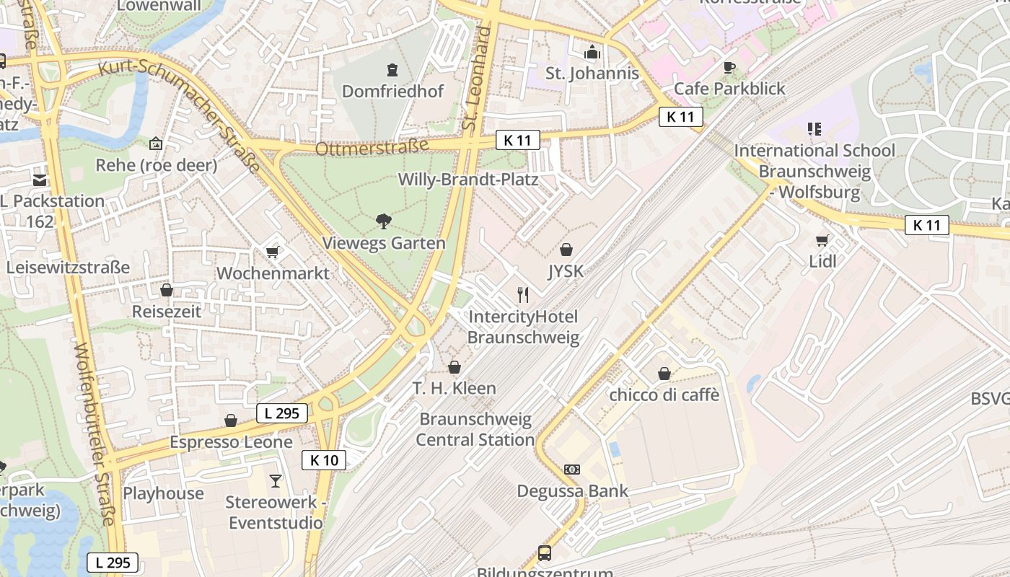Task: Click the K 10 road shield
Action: coord(324,460)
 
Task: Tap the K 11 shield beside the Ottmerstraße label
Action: coord(517,140)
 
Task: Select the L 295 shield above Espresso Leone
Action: coord(282,413)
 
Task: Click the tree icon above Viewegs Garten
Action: coord(384,221)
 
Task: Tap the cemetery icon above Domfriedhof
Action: coord(392,70)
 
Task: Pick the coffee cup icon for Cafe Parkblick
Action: coord(729,68)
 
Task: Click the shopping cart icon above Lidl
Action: coord(822,240)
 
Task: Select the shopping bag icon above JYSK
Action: coord(566,250)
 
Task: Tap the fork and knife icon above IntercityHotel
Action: coord(524,294)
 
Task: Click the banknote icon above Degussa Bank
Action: coord(572,470)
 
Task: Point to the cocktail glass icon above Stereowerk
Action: coord(275,480)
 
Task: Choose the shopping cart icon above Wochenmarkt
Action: coord(273,252)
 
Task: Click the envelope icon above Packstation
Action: coord(39,180)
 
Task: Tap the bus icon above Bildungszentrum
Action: coord(545,553)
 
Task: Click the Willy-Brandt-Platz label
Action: coord(468,180)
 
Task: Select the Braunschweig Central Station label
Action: coord(475,429)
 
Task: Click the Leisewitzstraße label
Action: coord(69,268)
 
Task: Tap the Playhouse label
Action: coord(163,493)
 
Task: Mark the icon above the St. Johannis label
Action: coord(592,52)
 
